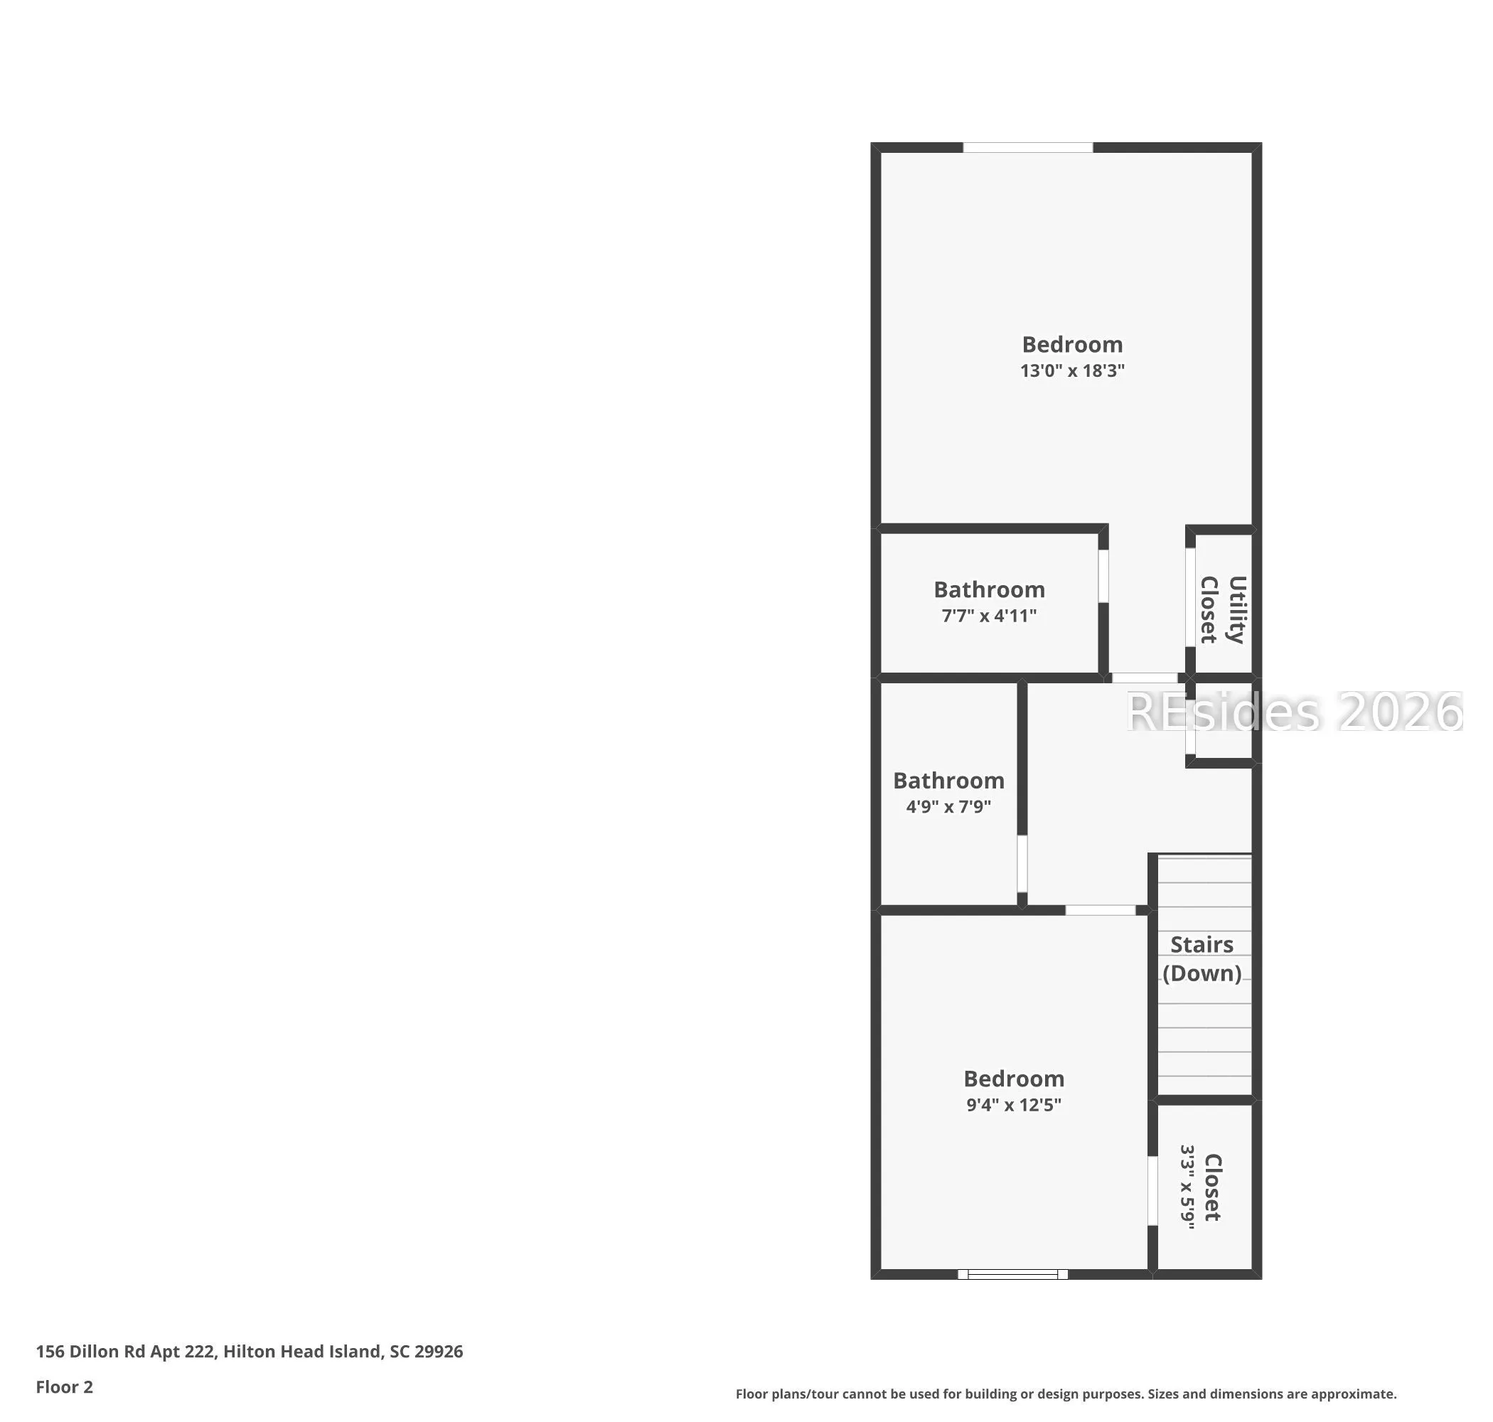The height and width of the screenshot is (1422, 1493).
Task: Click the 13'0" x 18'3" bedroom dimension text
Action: [x=1071, y=370]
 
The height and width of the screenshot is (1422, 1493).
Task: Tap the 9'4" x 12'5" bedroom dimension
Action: [x=1013, y=1104]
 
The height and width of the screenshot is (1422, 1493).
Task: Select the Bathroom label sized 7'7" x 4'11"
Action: [x=989, y=589]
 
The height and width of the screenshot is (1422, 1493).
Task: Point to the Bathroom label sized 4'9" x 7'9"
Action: [x=948, y=780]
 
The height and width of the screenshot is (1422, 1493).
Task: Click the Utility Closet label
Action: [x=1222, y=609]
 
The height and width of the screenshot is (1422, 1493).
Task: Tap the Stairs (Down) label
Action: [x=1202, y=959]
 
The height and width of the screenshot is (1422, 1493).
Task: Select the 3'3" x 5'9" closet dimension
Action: [x=1187, y=1187]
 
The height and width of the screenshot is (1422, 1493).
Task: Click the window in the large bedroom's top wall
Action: [x=1027, y=147]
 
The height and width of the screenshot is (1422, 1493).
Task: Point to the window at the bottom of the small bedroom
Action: [x=1012, y=1274]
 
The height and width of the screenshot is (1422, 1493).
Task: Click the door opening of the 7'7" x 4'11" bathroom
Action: [x=1103, y=576]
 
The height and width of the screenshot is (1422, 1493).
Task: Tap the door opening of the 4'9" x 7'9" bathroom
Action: [x=1022, y=863]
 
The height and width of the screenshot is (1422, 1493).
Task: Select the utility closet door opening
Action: [x=1191, y=597]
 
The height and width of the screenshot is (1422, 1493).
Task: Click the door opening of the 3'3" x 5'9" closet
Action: [x=1152, y=1190]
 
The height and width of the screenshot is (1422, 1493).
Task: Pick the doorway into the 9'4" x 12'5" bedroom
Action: [x=1101, y=910]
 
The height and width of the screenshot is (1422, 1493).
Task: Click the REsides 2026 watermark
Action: [x=1295, y=712]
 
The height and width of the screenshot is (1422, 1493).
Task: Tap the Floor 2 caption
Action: [x=65, y=1386]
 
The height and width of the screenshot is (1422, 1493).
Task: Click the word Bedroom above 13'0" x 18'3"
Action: [x=1071, y=344]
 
